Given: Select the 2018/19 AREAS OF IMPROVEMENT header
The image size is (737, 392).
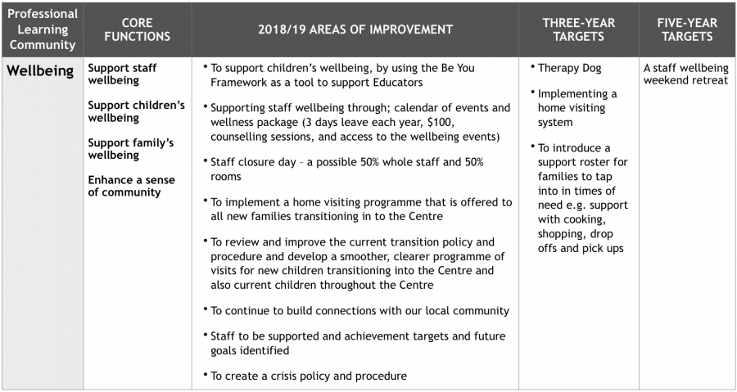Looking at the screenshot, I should (x=355, y=29).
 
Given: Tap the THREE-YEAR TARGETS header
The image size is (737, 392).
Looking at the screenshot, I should (x=578, y=29).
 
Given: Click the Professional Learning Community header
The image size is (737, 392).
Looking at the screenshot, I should (x=42, y=29).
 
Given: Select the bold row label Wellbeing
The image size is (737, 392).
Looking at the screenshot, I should (x=42, y=70).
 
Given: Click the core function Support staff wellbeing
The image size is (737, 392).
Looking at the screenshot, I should (x=122, y=74).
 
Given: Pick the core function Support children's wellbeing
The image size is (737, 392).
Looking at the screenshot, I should (x=136, y=111).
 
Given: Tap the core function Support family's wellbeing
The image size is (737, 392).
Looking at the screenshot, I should (x=131, y=148).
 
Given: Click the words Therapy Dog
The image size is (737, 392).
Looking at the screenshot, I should (x=570, y=68).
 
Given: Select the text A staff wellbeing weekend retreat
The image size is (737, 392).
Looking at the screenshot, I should (x=685, y=74).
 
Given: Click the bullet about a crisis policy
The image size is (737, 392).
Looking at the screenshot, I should (x=308, y=376).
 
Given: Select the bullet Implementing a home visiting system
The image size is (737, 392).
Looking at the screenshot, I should (x=577, y=108).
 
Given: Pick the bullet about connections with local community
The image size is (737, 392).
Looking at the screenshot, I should (x=359, y=311).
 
